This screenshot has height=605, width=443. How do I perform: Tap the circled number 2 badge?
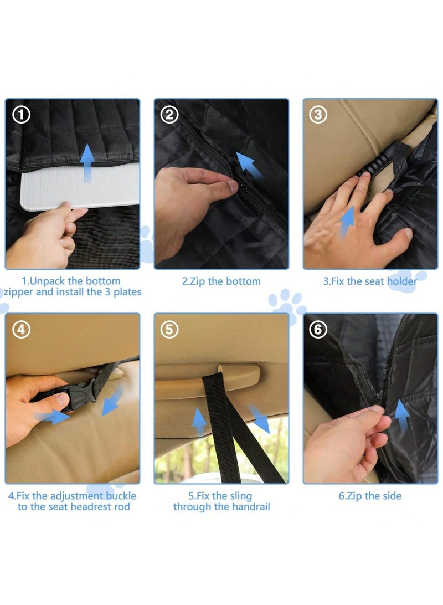coord(169,115)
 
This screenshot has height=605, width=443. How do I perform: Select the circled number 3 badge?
coord(318,115)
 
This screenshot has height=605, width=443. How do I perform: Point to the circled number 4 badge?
coord(21,330)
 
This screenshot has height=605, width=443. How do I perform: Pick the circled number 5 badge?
coord(169,330)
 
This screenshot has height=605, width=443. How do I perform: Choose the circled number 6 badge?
coord(318,330)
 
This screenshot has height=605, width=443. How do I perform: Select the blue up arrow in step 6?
coord(401,416)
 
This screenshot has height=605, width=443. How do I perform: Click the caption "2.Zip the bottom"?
coord(221,281)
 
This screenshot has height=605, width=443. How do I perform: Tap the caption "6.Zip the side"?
coord(369,496)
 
